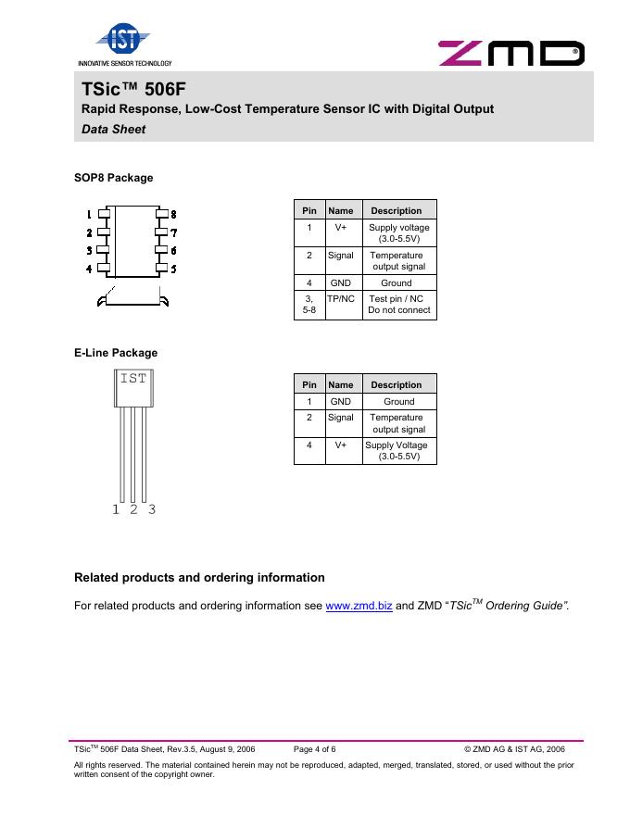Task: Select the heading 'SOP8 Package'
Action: [113, 178]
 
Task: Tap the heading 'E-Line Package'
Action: [116, 353]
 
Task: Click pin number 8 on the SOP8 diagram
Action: [173, 215]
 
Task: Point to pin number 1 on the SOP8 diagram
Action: [90, 215]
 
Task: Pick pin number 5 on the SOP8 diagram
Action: [173, 269]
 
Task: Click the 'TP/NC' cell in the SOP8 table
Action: [341, 299]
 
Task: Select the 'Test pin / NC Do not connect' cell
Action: [398, 305]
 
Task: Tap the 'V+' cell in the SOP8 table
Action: [341, 227]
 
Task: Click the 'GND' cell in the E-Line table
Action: [341, 402]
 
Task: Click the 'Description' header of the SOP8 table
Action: [396, 210]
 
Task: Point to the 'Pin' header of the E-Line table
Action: [309, 385]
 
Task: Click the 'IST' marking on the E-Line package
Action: [132, 378]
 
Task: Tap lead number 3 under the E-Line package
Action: [152, 509]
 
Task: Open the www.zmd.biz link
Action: [359, 607]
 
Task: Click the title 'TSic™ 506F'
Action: [123, 88]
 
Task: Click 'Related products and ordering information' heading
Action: [199, 578]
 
